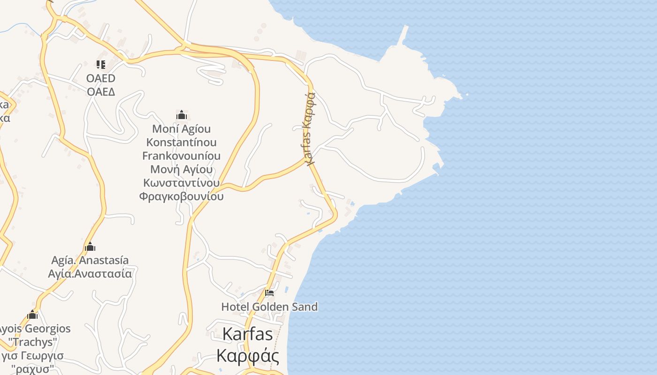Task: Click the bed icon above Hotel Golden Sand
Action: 269,293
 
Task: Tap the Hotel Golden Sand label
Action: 269,307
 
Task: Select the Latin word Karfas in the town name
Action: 247,334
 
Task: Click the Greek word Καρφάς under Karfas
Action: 247,356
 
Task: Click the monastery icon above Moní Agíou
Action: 182,115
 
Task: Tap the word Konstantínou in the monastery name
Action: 181,142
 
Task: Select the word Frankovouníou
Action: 181,156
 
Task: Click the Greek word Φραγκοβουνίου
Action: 181,196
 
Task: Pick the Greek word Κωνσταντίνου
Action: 181,183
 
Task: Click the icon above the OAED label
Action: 101,65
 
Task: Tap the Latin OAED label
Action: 101,78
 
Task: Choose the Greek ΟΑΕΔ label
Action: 101,91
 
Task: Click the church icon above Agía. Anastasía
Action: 90,247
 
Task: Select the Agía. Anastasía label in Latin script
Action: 90,260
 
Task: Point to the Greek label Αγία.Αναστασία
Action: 90,273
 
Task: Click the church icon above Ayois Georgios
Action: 32,315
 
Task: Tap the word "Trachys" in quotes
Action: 33,342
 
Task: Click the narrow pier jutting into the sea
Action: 403,35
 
